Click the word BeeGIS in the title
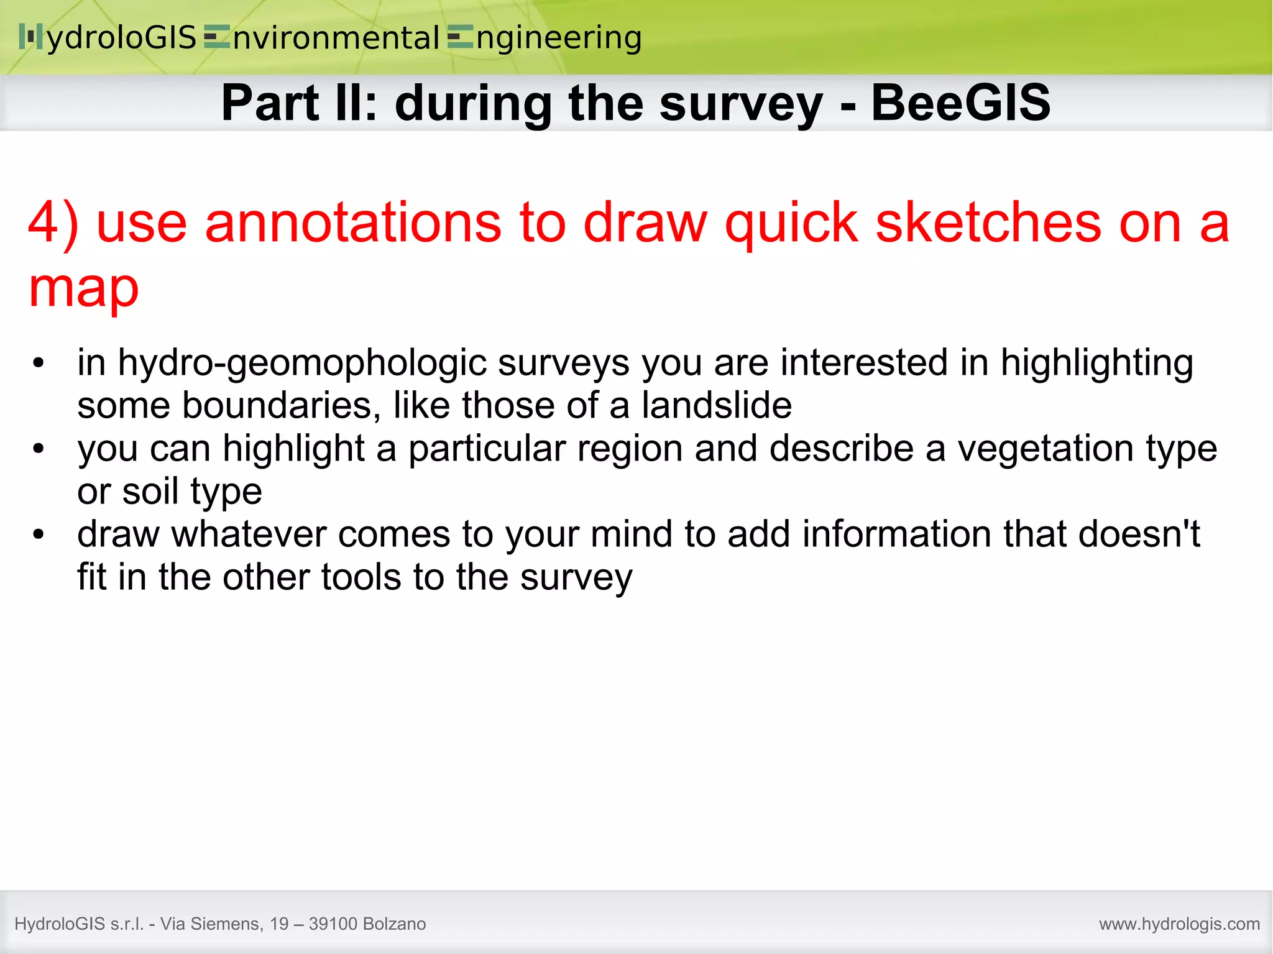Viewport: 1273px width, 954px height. coord(960,103)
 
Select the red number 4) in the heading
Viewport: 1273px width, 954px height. coord(53,222)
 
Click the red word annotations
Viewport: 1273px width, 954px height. coord(352,222)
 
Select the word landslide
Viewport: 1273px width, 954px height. coord(717,405)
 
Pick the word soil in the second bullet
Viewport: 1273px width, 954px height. coord(150,491)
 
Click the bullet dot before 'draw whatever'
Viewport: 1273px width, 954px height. coord(39,534)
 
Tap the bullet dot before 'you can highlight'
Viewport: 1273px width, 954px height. coord(39,448)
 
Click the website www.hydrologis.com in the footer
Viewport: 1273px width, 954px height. coord(1179,924)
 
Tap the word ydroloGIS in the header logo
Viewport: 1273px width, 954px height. coord(122,37)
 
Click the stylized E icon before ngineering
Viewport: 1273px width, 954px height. coord(460,37)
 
